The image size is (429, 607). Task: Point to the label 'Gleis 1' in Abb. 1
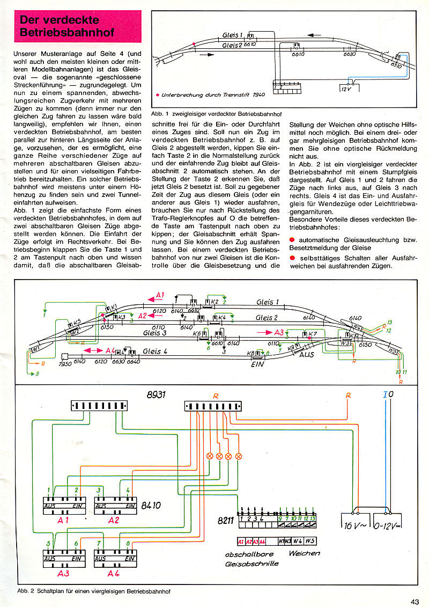[232, 35]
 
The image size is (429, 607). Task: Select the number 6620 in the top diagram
[349, 54]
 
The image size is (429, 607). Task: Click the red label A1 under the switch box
[64, 520]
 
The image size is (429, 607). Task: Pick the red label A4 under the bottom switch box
[114, 574]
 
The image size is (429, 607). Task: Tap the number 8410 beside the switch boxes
[151, 505]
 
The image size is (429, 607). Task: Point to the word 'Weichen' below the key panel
[304, 553]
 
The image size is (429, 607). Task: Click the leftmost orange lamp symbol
[210, 457]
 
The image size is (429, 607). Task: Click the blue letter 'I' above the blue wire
[385, 396]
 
